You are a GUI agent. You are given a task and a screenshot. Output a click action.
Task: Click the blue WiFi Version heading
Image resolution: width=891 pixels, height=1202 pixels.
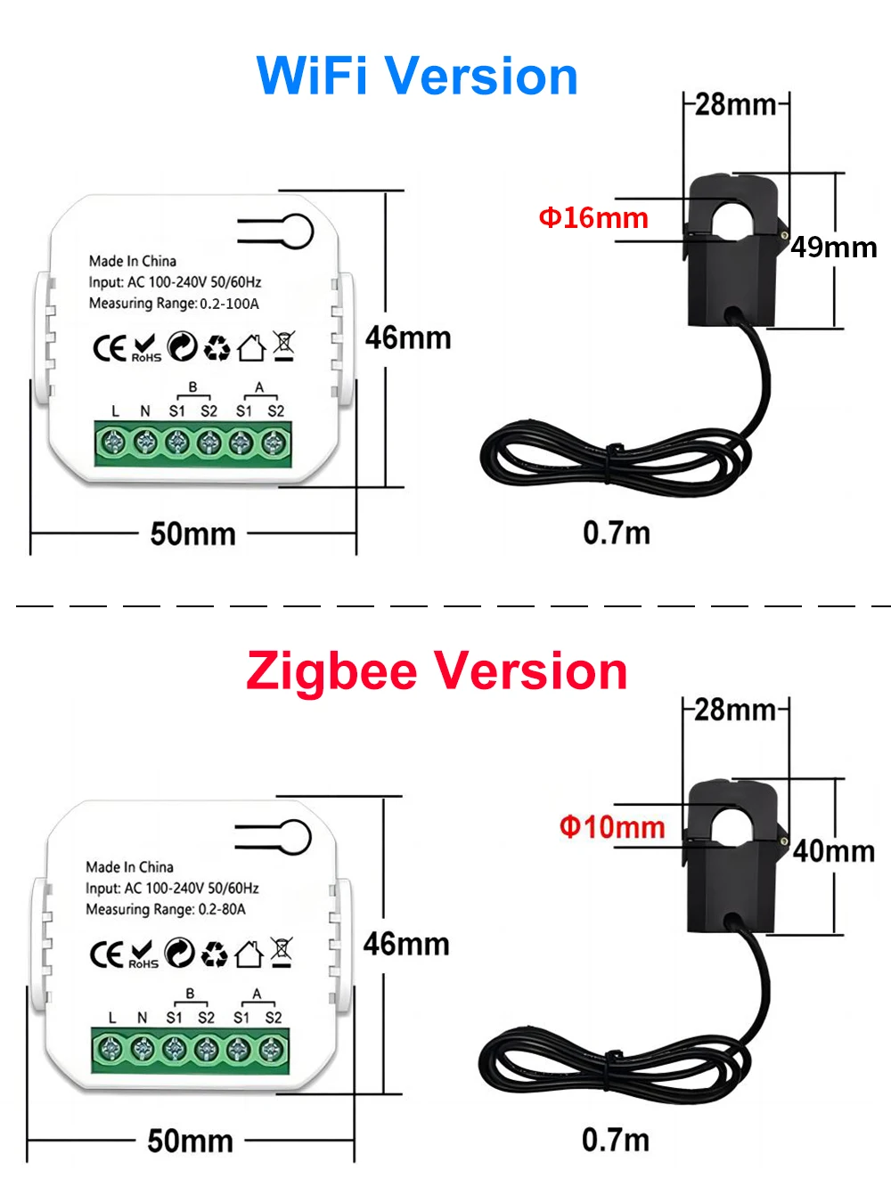(x=417, y=76)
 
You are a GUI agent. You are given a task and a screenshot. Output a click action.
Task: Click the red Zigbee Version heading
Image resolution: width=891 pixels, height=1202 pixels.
(x=437, y=670)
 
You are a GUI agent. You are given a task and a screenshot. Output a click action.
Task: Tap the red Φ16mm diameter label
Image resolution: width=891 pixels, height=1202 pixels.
(x=593, y=217)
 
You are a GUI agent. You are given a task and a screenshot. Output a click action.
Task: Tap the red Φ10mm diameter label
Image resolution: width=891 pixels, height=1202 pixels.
(x=612, y=827)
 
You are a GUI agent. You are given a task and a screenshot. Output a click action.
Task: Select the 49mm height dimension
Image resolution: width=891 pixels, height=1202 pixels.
(x=834, y=247)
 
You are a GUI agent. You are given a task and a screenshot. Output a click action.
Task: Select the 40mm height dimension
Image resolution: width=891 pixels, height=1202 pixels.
(x=834, y=851)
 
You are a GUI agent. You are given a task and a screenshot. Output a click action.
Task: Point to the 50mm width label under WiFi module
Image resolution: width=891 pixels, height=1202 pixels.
(x=192, y=534)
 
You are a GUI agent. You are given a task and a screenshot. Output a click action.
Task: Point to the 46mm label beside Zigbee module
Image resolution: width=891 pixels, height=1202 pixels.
(x=406, y=944)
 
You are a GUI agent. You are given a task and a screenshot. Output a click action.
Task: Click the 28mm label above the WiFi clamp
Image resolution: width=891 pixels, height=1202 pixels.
(x=735, y=104)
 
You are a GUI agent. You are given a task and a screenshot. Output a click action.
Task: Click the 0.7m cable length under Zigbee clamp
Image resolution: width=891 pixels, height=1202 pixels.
(x=616, y=1140)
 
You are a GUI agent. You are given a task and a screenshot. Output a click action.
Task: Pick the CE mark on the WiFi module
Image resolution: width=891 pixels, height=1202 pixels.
(x=109, y=348)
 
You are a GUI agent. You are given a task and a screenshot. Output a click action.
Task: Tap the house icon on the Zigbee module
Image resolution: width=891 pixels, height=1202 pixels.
(x=249, y=954)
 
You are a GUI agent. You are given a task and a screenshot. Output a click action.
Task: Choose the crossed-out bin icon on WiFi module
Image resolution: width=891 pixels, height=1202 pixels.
(x=284, y=345)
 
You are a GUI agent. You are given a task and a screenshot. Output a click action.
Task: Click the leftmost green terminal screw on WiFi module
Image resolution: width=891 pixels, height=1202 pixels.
(x=114, y=442)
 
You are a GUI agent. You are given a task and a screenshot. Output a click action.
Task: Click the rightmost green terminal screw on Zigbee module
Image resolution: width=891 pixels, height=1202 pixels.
(x=271, y=1049)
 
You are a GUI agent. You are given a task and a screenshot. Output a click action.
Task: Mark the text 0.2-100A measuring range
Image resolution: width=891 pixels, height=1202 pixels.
(x=229, y=304)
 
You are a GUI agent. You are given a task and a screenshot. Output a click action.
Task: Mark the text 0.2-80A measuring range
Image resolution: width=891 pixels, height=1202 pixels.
(x=221, y=909)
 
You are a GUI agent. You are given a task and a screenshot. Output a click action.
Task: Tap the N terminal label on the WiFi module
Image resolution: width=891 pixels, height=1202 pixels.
(x=145, y=410)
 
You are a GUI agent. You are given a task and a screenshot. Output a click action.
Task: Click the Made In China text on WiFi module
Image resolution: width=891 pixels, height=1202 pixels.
(x=133, y=261)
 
